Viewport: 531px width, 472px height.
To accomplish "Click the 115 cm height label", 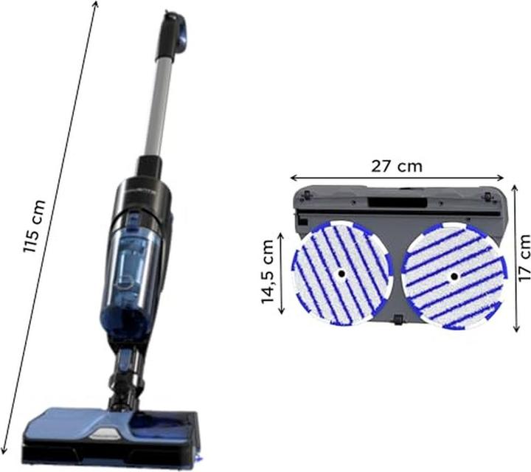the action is click(x=34, y=226).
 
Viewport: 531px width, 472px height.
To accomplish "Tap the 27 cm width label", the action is click(x=397, y=166).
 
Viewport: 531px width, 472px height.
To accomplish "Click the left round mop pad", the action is click(x=341, y=274).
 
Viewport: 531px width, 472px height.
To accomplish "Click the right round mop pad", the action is click(x=454, y=276).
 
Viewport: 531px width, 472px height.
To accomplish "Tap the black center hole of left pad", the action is click(x=341, y=274).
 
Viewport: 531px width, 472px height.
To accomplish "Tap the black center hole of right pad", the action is click(x=454, y=277).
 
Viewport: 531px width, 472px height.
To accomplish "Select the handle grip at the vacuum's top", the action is click(x=174, y=32).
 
